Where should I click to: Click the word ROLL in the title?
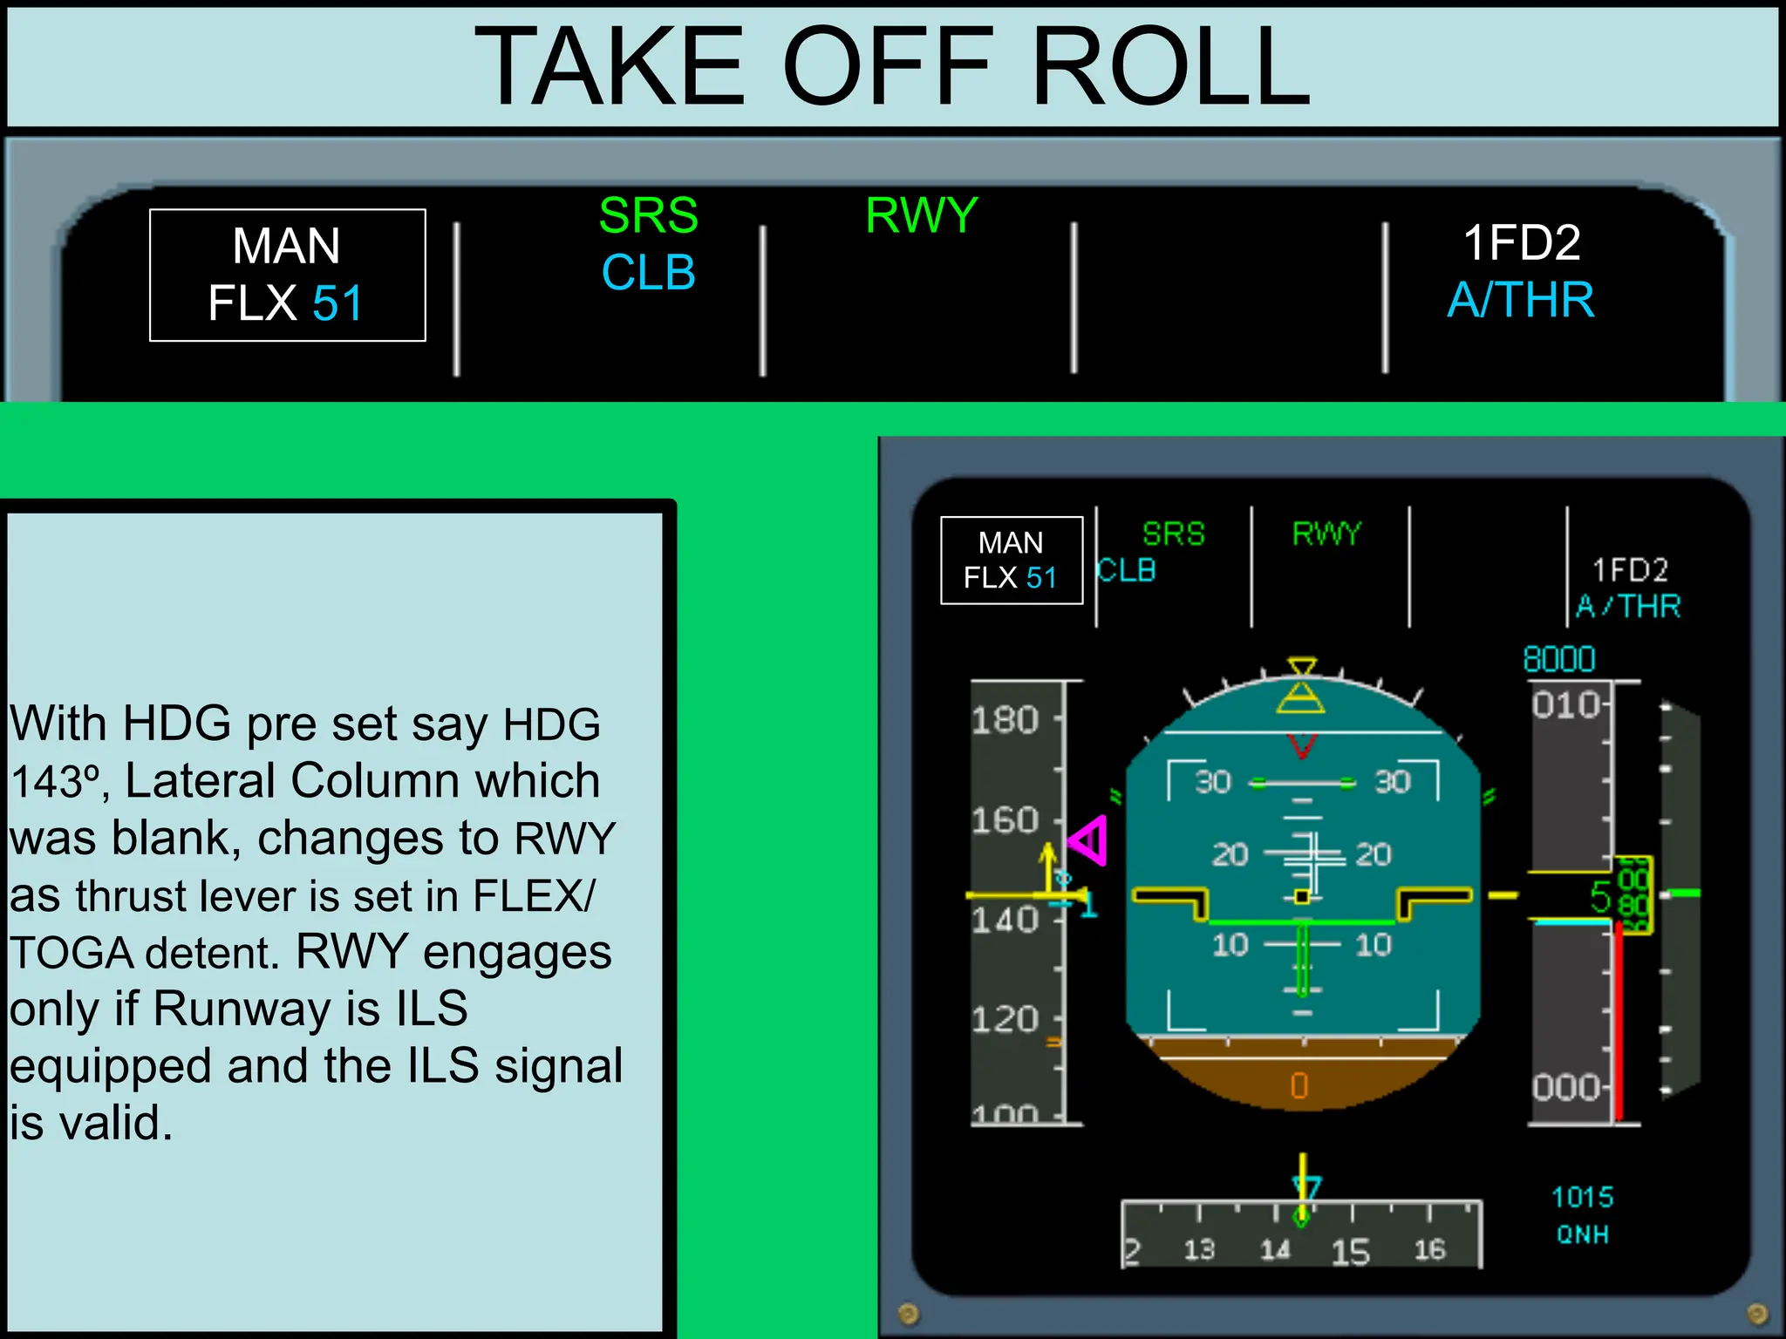[x=1170, y=66]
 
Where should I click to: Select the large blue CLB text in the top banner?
[x=648, y=272]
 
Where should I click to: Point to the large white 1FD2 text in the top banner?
[x=1521, y=242]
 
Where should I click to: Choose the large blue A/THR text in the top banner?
[x=1521, y=300]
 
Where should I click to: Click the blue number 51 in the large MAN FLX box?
[x=337, y=303]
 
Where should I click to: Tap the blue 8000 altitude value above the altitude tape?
[x=1558, y=659]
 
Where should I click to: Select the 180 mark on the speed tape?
[x=1005, y=720]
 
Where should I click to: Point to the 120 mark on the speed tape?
[x=1005, y=1019]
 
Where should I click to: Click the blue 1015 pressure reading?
[x=1582, y=1197]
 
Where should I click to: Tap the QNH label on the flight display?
[x=1582, y=1234]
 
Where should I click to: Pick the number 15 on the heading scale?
[x=1350, y=1252]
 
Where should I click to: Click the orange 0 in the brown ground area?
[x=1299, y=1085]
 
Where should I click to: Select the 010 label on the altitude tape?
[x=1566, y=704]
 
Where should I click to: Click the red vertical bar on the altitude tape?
[x=1619, y=1020]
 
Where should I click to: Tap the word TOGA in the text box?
[x=73, y=953]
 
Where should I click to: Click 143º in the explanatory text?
[x=58, y=781]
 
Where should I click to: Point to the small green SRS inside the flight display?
[x=1173, y=534]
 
